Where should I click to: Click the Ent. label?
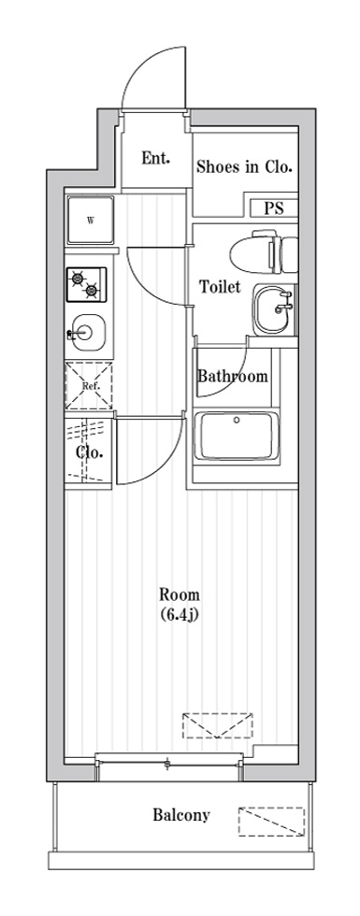point(155,158)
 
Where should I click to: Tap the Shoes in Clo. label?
point(244,167)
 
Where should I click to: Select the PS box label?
point(273,208)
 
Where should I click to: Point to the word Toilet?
point(221,287)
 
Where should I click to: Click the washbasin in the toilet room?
point(273,308)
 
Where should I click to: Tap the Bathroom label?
point(233,377)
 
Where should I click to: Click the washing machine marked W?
point(90,222)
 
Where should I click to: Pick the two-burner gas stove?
point(86,284)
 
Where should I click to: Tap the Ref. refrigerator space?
point(89,385)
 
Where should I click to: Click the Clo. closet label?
point(89,453)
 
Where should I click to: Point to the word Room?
point(179,594)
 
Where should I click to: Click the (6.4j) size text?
point(179,614)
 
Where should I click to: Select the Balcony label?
point(181,815)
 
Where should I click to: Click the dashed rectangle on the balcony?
point(272,821)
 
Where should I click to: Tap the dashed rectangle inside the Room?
point(218,725)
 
